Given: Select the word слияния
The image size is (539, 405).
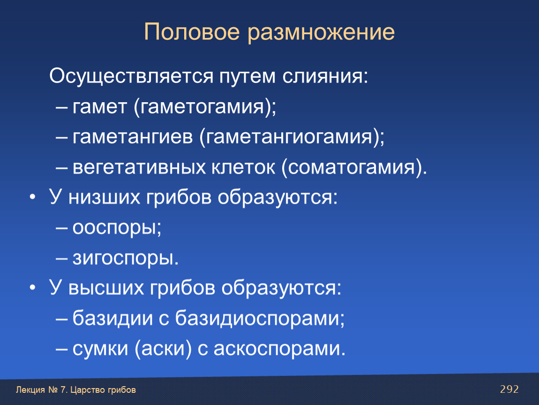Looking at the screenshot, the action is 325,76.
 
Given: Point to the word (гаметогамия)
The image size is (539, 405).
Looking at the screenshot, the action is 205,107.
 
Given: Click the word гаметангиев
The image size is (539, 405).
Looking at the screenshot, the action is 133,136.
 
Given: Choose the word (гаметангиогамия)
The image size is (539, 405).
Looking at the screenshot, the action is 292,137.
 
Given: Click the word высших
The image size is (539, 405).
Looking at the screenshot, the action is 106,288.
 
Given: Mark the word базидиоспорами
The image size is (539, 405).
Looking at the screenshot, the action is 260,318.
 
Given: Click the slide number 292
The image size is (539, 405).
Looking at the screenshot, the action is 509,389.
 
